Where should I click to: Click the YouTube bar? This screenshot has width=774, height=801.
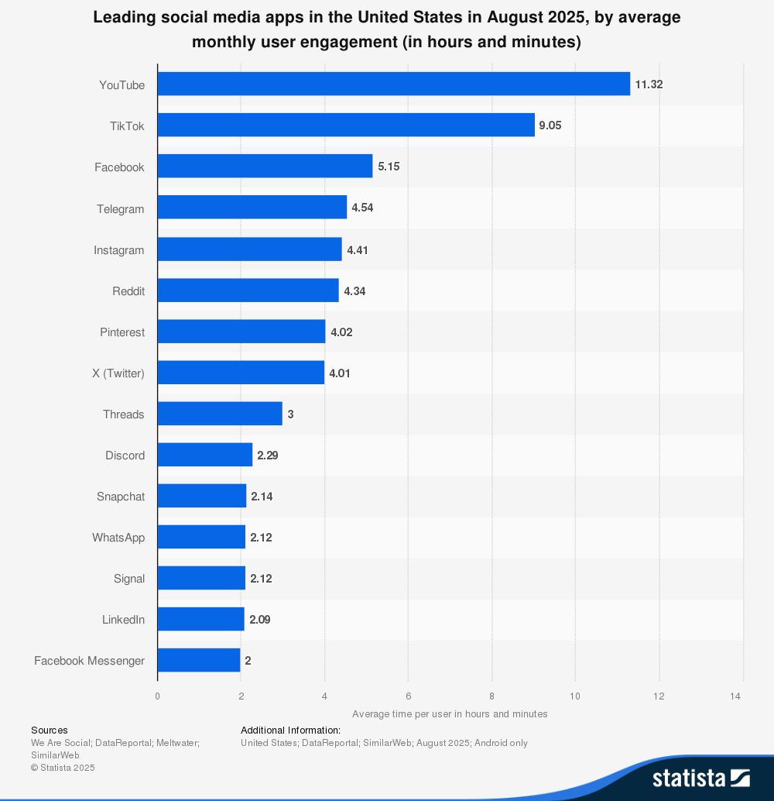pos(393,84)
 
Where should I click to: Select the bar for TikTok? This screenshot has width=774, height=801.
pos(346,125)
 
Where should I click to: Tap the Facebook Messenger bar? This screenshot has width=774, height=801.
pos(199,660)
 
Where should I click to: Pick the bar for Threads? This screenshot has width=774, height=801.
pos(220,414)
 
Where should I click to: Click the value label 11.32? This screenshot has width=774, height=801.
pos(649,84)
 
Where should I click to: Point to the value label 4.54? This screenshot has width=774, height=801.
pos(362,208)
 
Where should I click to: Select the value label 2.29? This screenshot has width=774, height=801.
pos(267,455)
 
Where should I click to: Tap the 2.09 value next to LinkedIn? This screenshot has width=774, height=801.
pos(259,619)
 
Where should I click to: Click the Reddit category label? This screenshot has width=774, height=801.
pos(128,291)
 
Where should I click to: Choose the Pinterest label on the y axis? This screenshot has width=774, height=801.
pos(122,332)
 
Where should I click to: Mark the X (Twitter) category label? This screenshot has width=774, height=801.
pos(118,373)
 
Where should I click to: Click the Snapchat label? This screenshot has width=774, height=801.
pos(121,497)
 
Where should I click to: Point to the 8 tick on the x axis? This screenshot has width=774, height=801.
pos(491,696)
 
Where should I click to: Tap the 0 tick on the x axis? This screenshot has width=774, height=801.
pos(158,696)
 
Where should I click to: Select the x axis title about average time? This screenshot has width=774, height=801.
pos(450,713)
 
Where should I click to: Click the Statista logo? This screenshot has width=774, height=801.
pos(700,777)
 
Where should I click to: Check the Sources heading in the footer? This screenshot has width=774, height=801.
pos(50,730)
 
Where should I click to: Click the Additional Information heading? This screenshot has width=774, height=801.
pos(290,730)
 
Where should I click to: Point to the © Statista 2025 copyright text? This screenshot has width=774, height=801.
pos(63,768)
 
